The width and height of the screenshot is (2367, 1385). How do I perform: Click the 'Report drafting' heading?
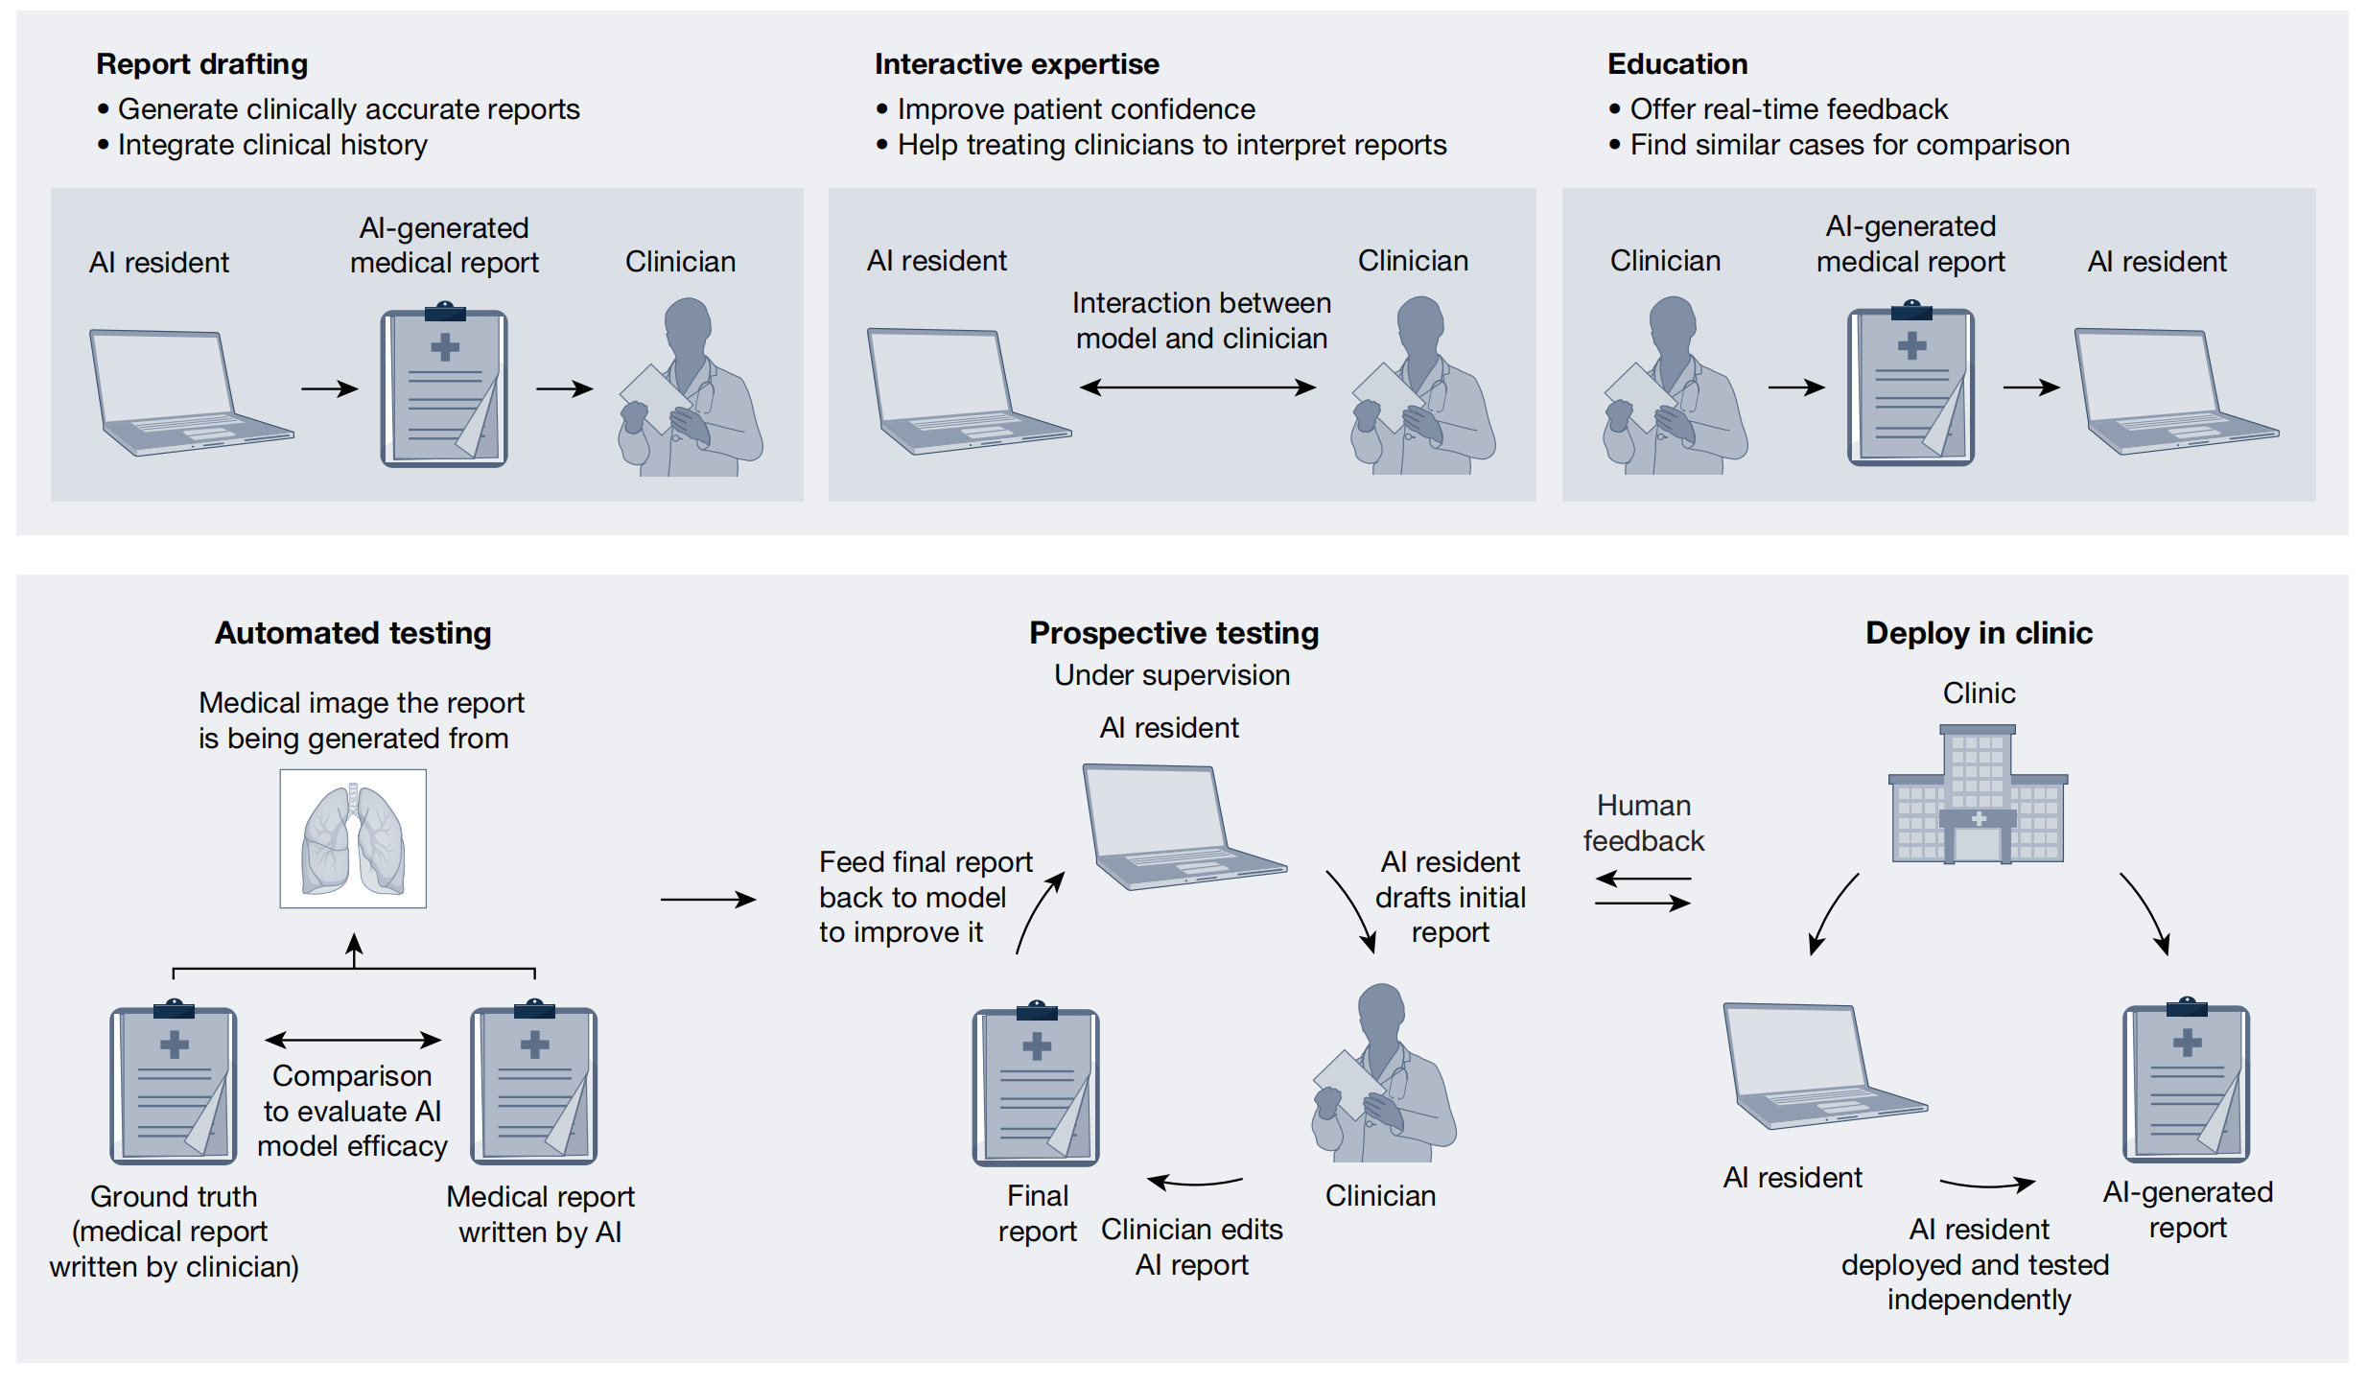tap(201, 64)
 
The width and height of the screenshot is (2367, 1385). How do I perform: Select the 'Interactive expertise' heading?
tap(1016, 64)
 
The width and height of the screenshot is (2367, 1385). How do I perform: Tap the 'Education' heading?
tap(1676, 64)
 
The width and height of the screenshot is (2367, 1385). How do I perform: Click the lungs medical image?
tap(353, 838)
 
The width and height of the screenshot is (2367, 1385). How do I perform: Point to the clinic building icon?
tap(1978, 795)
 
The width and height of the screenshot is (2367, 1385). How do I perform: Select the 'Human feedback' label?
tap(1643, 823)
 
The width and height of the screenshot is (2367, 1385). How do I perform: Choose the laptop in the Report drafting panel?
tap(182, 393)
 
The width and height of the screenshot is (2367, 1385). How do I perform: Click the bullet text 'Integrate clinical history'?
tap(272, 145)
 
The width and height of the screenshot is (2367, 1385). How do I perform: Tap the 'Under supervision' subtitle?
tap(1171, 675)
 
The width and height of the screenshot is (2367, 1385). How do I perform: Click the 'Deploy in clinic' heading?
tap(1979, 633)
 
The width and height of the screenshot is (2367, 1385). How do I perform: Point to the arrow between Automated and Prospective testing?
tap(708, 899)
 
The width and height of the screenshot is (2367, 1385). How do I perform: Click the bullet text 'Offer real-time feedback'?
tap(1789, 109)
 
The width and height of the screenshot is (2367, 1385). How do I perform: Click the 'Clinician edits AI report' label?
tap(1191, 1247)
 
